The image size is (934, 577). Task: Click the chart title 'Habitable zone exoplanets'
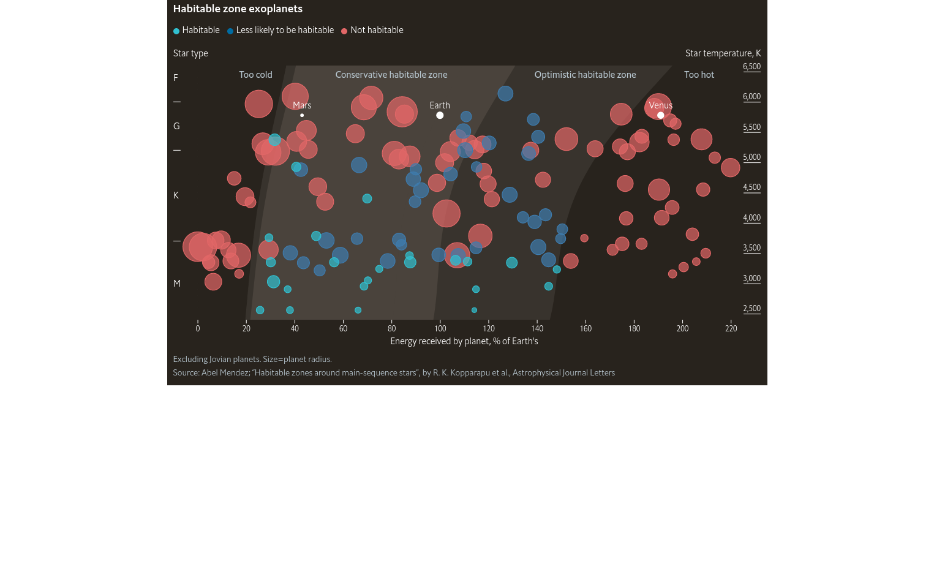tap(238, 9)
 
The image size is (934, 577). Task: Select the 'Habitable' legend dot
tap(176, 31)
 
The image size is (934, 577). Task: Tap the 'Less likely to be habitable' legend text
tap(285, 30)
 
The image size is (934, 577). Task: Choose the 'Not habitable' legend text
tap(377, 30)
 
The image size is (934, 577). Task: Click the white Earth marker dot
tap(440, 115)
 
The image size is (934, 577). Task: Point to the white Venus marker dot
tap(660, 115)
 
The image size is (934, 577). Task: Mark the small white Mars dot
tap(302, 115)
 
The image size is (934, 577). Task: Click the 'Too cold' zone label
tap(255, 75)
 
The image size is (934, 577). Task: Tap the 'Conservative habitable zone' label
tap(391, 75)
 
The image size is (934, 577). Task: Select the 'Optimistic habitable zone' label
tap(585, 75)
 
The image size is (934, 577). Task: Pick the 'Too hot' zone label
tap(699, 75)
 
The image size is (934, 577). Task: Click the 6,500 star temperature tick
tap(751, 67)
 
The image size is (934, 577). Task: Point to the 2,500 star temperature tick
tap(751, 309)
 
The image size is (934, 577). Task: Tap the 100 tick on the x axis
tap(440, 329)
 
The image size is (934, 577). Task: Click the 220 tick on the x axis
tap(731, 329)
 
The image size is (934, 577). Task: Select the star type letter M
tap(177, 284)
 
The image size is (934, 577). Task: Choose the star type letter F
tap(176, 78)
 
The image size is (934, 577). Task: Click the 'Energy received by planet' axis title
tap(464, 341)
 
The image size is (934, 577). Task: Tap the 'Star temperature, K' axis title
tap(723, 53)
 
